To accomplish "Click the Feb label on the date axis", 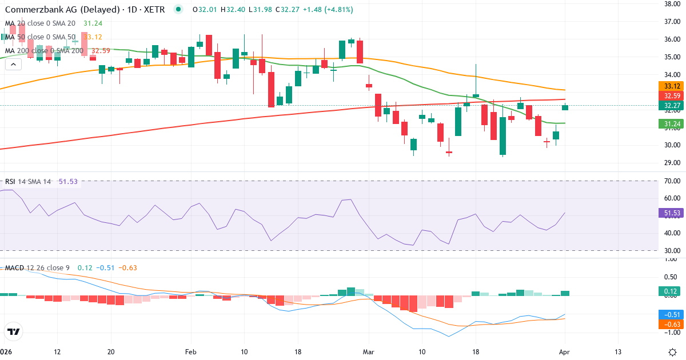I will (190, 351).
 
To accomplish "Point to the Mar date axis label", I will (368, 351).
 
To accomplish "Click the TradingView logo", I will (14, 331).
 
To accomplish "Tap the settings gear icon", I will (673, 351).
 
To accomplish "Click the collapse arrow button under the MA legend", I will (13, 64).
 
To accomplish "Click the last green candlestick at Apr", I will (565, 107).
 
